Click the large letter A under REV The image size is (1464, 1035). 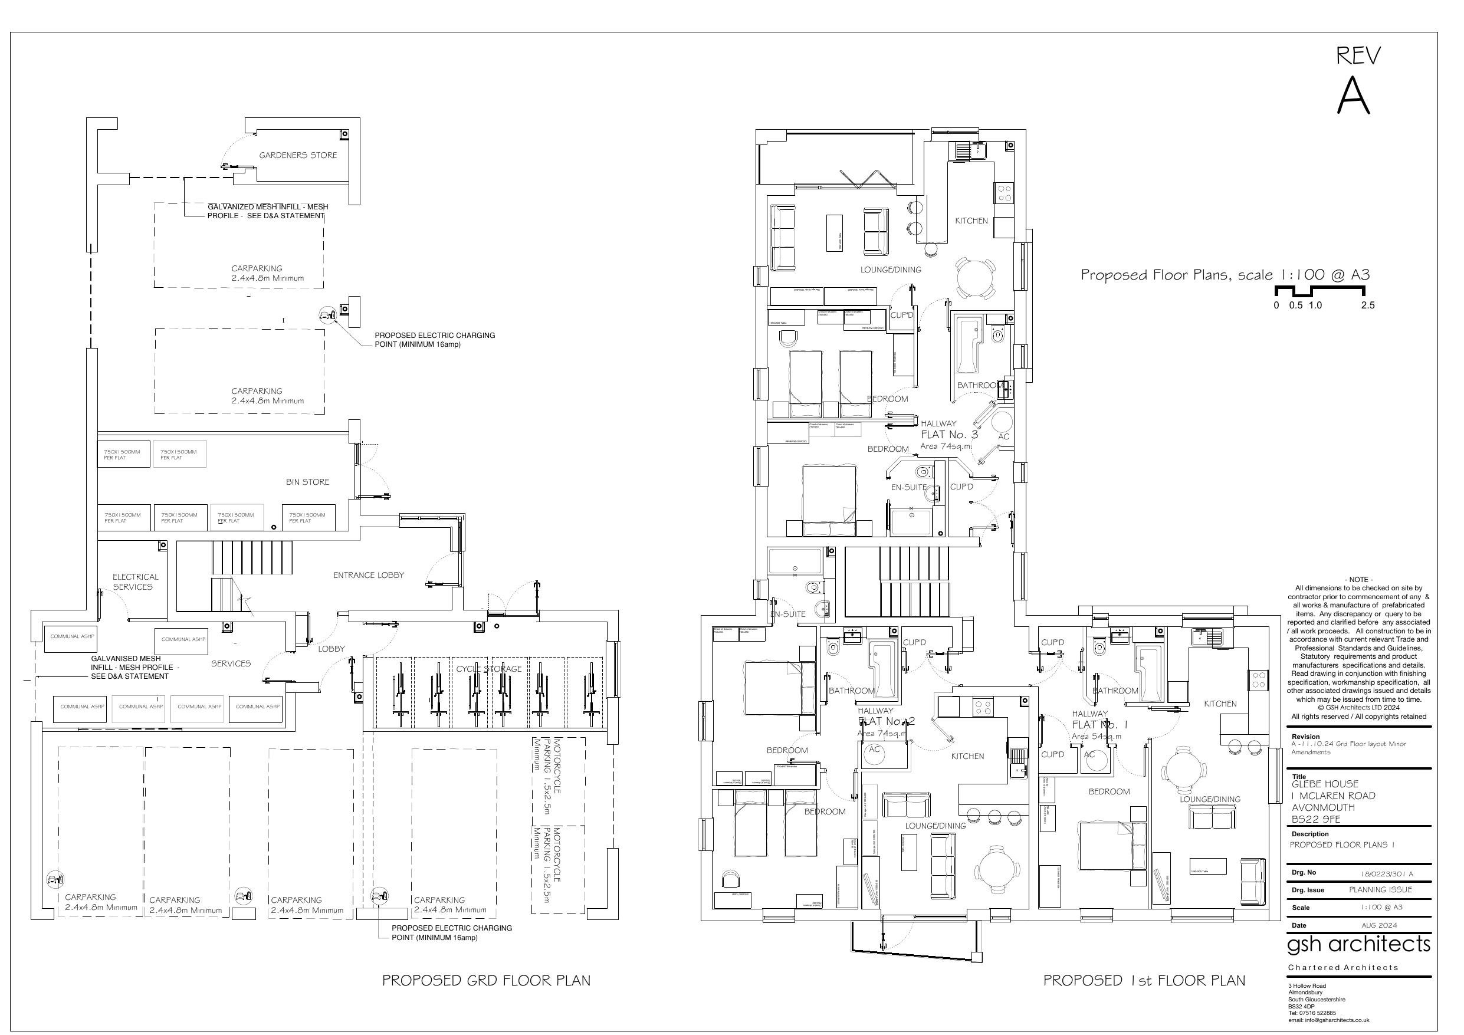(x=1353, y=96)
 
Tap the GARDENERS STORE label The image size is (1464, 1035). (x=298, y=155)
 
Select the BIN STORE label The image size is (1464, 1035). (x=307, y=481)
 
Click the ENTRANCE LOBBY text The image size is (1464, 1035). (x=369, y=574)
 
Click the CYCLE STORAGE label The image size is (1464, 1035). (x=488, y=669)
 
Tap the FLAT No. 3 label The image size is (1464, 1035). (x=949, y=434)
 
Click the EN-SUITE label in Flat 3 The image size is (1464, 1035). (x=908, y=487)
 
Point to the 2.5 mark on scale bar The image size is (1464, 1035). (x=1368, y=305)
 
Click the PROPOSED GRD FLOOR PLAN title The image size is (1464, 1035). (x=486, y=980)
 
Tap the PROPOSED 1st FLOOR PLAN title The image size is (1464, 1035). (x=1144, y=980)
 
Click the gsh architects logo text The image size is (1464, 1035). (x=1358, y=943)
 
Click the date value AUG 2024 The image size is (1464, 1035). (x=1378, y=925)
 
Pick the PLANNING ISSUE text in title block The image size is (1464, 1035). (x=1380, y=889)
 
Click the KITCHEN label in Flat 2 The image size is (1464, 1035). (x=967, y=755)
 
